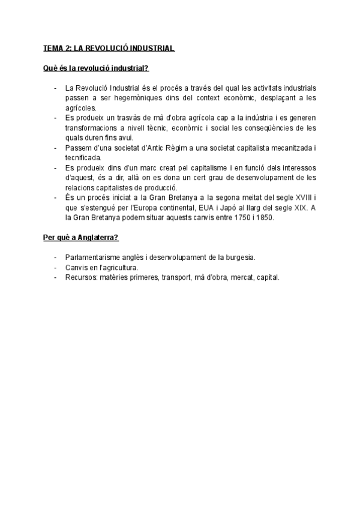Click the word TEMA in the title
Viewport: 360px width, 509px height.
tap(53, 47)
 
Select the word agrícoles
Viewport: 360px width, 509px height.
tap(82, 107)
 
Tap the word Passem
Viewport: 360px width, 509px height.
tap(79, 148)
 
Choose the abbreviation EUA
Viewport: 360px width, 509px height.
tap(193, 208)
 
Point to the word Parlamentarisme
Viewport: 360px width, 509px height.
tap(97, 258)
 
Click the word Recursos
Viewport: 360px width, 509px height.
tap(82, 278)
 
